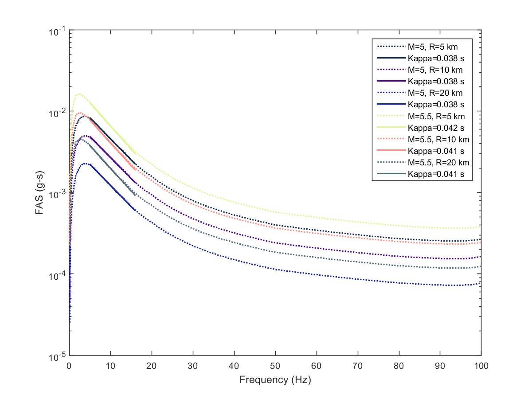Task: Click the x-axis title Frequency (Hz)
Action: pos(275,380)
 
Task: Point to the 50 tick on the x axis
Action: pos(275,366)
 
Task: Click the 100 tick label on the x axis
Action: pos(481,366)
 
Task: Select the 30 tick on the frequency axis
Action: pos(193,366)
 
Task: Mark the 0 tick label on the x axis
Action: pos(69,366)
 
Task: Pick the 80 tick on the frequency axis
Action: pos(399,366)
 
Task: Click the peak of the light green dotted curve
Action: pos(79,94)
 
